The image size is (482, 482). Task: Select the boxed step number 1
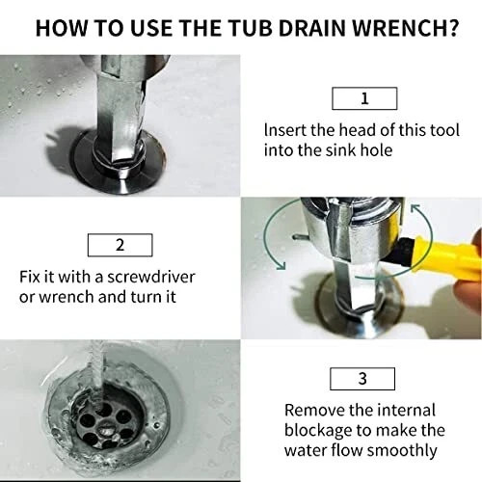pyautogui.click(x=363, y=97)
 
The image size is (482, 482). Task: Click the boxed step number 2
pyautogui.click(x=120, y=244)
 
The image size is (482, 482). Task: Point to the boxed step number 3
pyautogui.click(x=363, y=378)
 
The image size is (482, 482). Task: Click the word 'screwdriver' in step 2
pyautogui.click(x=154, y=276)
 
